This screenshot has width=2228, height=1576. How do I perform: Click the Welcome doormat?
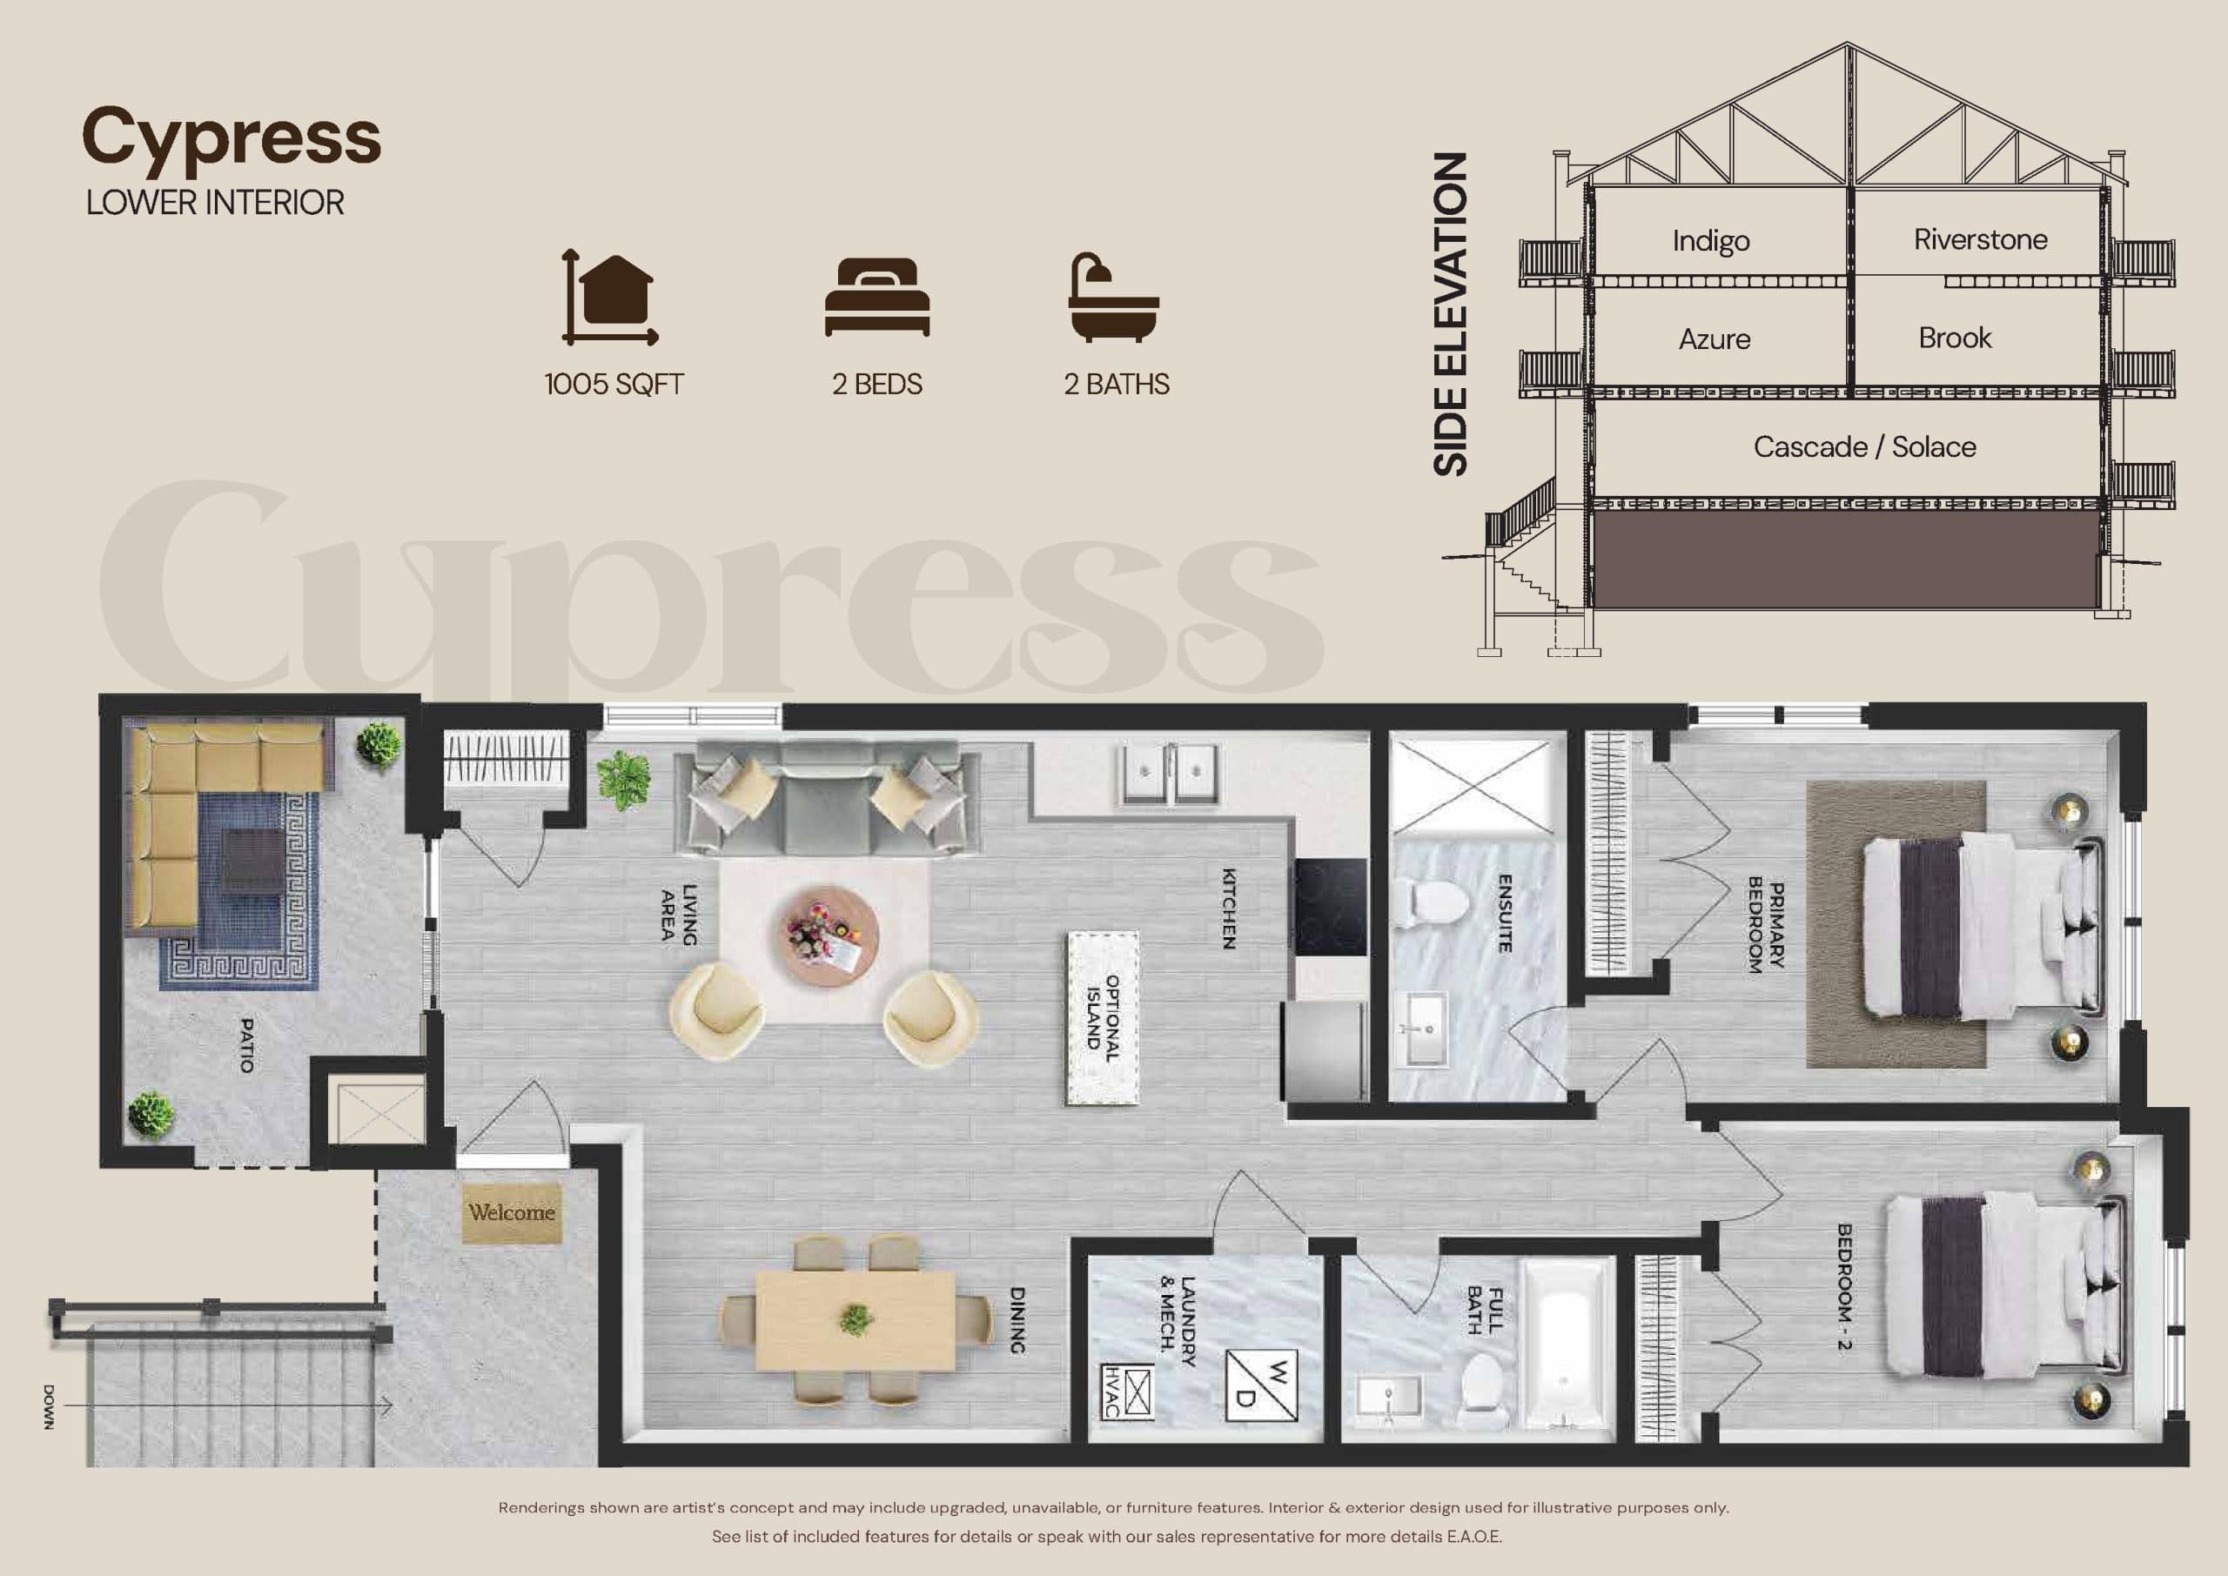pos(512,1213)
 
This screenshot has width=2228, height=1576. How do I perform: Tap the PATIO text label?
pos(246,1045)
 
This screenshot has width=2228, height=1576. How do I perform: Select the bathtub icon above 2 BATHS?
pos(1113,298)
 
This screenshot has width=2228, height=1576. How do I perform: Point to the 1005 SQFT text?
pos(614,385)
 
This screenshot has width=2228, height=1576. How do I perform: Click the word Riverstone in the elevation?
pos(1980,239)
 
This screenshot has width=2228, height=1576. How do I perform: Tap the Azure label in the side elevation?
pos(1714,339)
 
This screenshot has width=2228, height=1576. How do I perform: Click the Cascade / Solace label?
pos(1863,447)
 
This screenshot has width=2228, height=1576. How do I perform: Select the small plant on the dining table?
pos(855,1318)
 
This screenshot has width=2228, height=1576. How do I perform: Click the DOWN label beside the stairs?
pos(49,1406)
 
